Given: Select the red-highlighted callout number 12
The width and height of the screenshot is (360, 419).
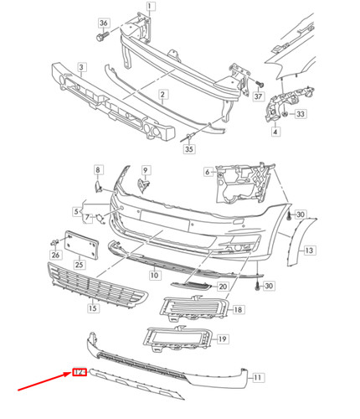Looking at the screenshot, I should (80, 372).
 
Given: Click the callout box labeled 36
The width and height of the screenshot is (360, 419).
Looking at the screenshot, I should (104, 22).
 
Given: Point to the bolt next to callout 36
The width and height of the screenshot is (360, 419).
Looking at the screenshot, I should (101, 37).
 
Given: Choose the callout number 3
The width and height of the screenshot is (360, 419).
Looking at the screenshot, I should (81, 66).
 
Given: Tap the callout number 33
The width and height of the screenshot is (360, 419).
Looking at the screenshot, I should (301, 113).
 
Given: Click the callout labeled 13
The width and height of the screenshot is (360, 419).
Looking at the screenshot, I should (309, 250).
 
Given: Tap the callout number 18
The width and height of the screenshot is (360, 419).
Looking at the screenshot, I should (239, 309).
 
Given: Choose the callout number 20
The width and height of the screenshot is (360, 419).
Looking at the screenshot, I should (222, 287).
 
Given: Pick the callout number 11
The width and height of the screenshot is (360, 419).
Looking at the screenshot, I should (258, 378).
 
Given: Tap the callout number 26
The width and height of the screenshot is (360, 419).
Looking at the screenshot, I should (55, 256).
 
